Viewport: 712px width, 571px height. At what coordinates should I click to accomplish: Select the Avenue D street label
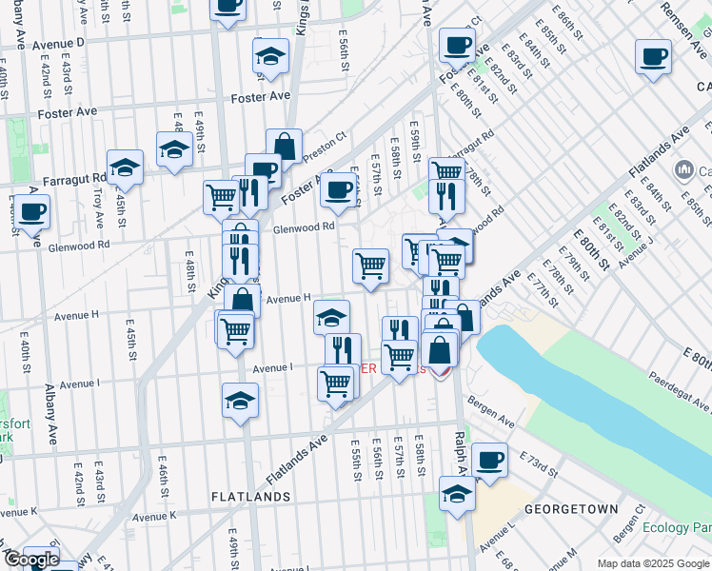point(58,44)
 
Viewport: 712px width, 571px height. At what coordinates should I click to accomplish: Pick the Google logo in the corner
point(31,560)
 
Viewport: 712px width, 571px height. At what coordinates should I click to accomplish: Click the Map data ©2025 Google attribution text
point(654,563)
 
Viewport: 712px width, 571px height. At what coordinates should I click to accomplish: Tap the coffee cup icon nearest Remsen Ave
point(653,57)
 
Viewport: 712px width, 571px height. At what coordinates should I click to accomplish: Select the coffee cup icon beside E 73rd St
point(489,461)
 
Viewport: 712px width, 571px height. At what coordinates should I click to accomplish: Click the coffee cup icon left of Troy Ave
point(31,211)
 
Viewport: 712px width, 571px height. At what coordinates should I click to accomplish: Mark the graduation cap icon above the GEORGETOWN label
point(457,495)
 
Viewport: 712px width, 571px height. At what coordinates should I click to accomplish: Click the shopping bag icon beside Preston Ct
point(284,146)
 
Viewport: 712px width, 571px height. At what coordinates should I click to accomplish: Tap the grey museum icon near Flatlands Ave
point(682,171)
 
